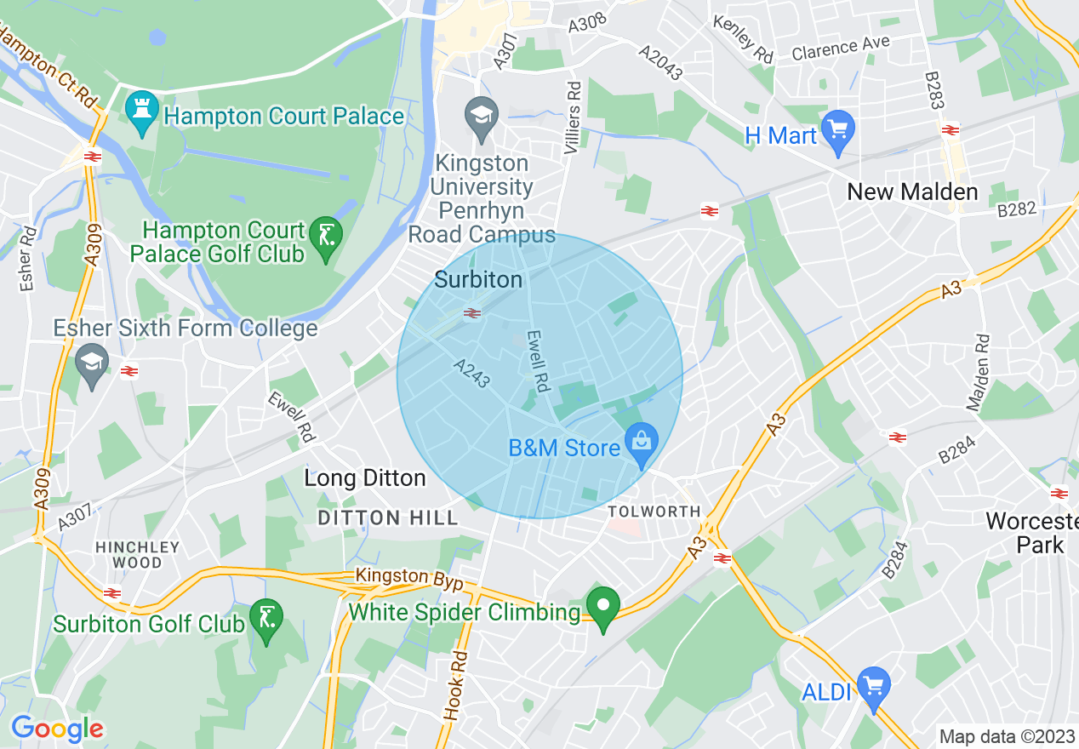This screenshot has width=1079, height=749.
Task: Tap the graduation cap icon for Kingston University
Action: pyautogui.click(x=482, y=118)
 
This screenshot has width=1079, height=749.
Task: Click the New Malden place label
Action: pyautogui.click(x=912, y=192)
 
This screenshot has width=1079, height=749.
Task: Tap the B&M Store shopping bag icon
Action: pyautogui.click(x=641, y=444)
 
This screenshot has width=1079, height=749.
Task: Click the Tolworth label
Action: pyautogui.click(x=654, y=512)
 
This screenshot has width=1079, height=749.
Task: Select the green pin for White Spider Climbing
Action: pyautogui.click(x=604, y=608)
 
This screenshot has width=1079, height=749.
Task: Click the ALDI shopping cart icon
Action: pyautogui.click(x=872, y=686)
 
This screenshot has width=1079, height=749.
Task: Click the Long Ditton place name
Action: pyautogui.click(x=365, y=478)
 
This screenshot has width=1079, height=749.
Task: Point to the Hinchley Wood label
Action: pyautogui.click(x=138, y=555)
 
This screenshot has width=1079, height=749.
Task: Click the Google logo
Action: pyautogui.click(x=57, y=729)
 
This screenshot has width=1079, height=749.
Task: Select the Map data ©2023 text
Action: pyautogui.click(x=1005, y=736)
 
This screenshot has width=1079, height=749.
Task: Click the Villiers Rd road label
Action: pyautogui.click(x=574, y=118)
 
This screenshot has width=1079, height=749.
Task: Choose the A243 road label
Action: pyautogui.click(x=471, y=373)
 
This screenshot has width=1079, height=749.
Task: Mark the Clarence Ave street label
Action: pyautogui.click(x=840, y=48)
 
